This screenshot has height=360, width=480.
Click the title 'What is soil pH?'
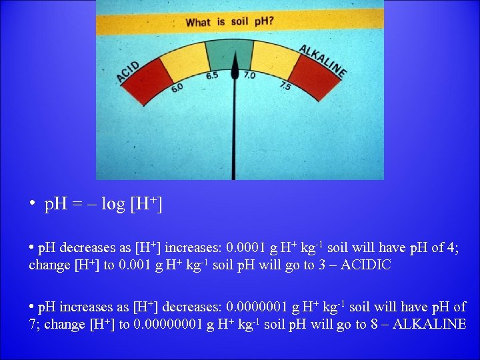(229, 22)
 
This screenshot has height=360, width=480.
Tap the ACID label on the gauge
(129, 72)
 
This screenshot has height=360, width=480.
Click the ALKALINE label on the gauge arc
(323, 60)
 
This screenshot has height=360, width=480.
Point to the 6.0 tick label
(177, 89)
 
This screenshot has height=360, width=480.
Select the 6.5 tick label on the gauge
(212, 75)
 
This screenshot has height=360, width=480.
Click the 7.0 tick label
(249, 75)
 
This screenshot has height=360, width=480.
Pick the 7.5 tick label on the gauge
(285, 85)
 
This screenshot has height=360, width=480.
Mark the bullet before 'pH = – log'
(32, 204)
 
